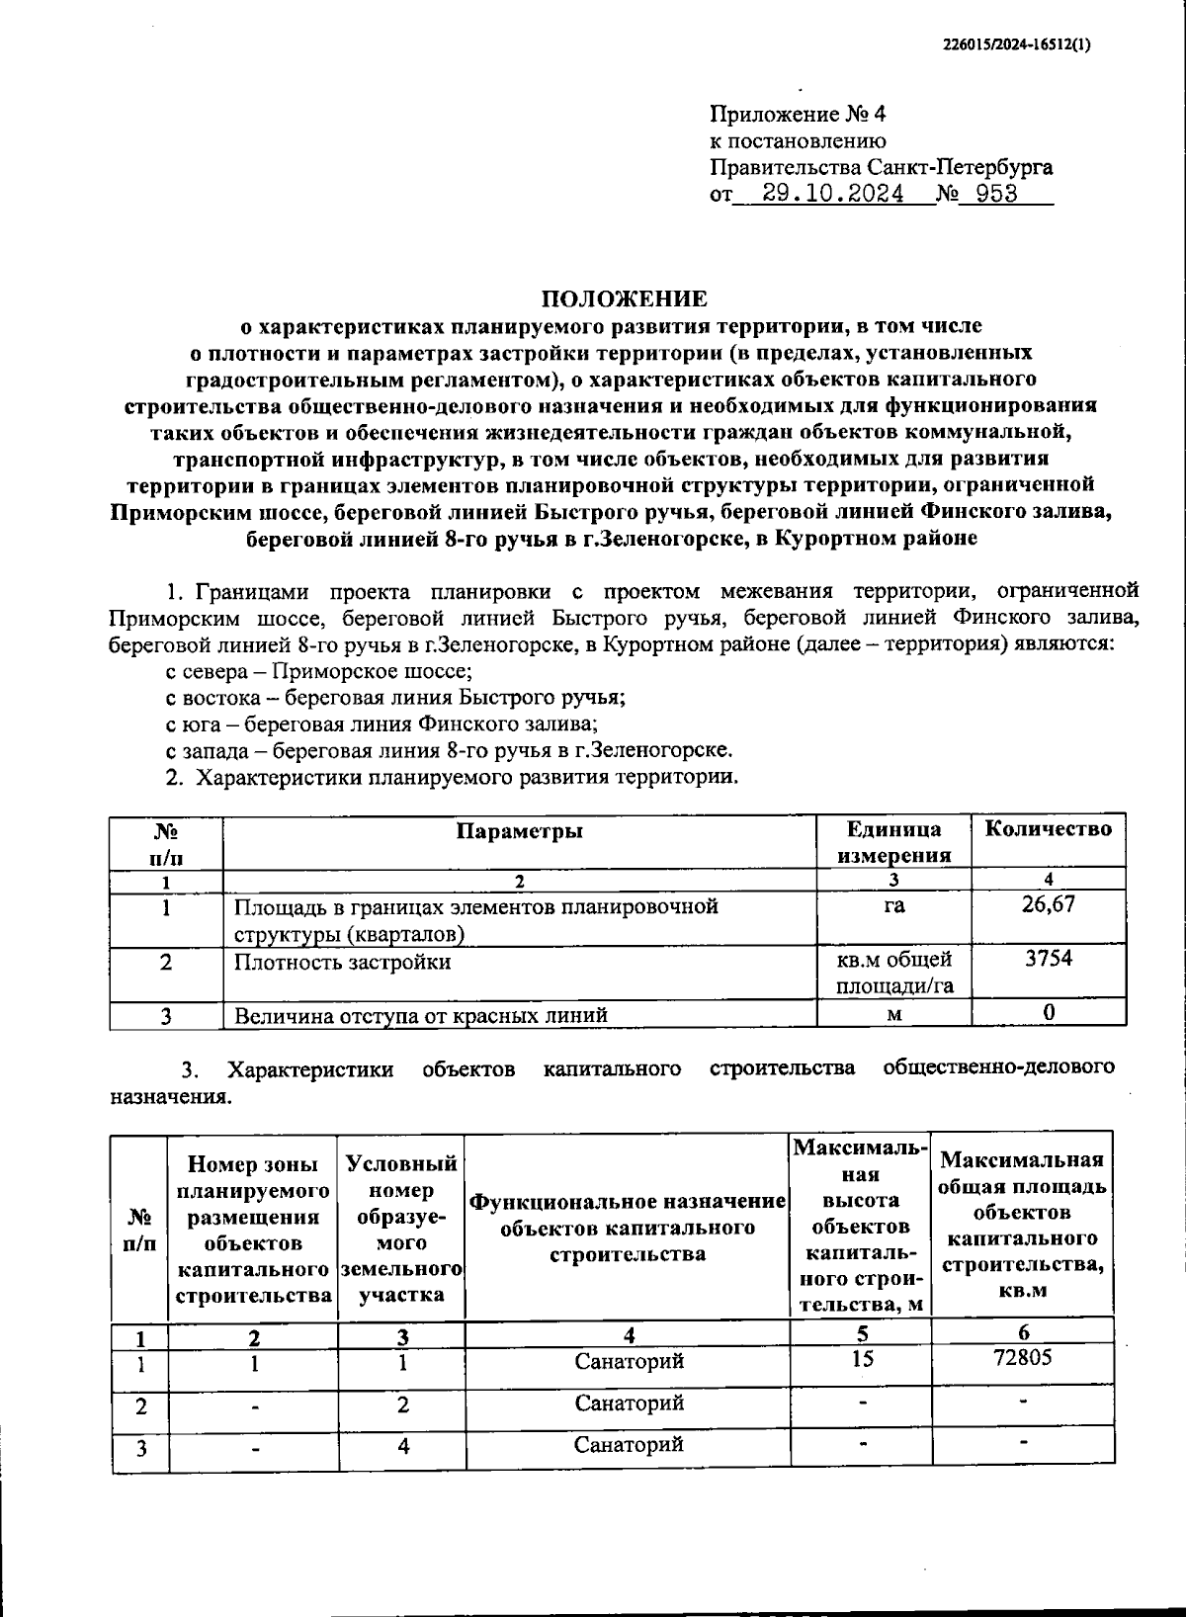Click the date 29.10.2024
point(834,194)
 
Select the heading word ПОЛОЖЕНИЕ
point(624,298)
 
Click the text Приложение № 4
point(799,115)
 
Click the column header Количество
point(1048,828)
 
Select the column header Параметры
point(520,830)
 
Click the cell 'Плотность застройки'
point(342,962)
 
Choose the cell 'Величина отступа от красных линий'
point(420,1015)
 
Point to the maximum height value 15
point(861,1359)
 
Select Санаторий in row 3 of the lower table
point(629,1444)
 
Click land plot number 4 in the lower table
point(402,1446)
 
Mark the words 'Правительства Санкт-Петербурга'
point(882,167)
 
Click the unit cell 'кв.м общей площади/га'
point(893,972)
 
